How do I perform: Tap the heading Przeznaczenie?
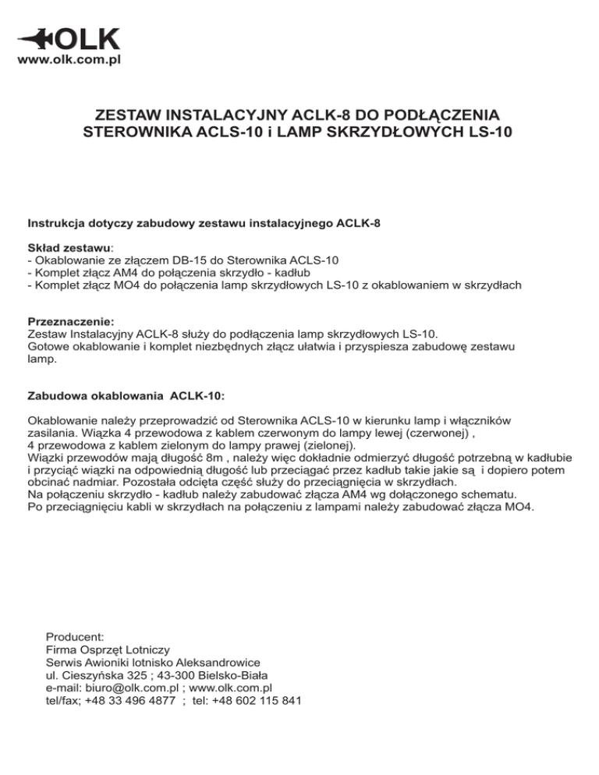[x=71, y=320]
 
